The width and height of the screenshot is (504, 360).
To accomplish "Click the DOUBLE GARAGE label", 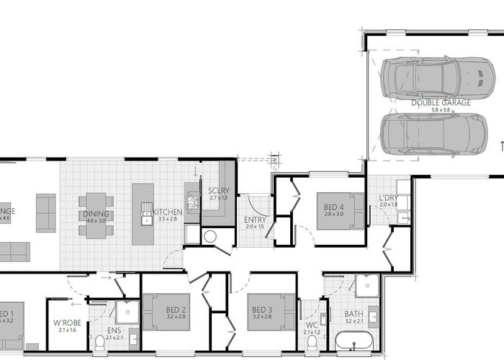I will (x=441, y=103).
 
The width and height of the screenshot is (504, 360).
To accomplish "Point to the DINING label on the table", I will (x=96, y=214).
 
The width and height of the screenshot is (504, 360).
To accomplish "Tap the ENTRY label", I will (x=256, y=220).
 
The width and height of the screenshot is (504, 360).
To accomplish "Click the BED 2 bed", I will (x=167, y=312).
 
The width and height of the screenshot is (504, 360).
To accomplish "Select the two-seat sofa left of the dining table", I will (x=45, y=212).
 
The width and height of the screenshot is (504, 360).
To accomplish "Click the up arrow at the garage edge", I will (x=499, y=146).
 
